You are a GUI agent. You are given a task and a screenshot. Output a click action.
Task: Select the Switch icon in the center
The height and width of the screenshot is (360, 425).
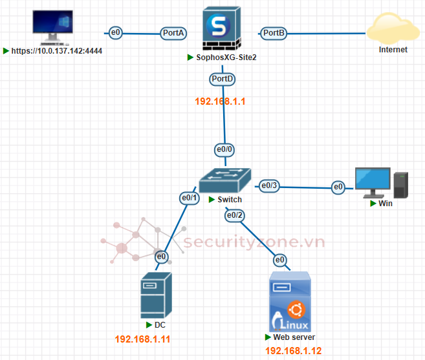[x=224, y=179]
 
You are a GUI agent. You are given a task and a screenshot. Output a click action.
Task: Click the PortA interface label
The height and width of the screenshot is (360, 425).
[x=174, y=32]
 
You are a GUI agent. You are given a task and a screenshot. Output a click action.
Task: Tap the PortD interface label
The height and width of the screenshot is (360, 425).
[x=223, y=79]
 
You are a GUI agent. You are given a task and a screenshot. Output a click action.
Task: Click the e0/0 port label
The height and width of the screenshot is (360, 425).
[x=224, y=149]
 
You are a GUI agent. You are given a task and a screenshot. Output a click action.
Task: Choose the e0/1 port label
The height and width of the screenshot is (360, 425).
[x=189, y=198]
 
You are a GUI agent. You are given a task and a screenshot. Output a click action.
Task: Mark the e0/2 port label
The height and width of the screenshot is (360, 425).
[x=235, y=215]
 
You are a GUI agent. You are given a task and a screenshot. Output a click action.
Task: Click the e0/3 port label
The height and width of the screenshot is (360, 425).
[x=269, y=186]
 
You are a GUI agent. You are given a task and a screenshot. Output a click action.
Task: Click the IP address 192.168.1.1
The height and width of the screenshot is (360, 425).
[x=221, y=101]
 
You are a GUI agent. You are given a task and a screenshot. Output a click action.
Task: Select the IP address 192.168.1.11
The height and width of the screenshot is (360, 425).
[x=142, y=339]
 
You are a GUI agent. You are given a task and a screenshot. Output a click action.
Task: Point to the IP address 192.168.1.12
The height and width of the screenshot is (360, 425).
[x=293, y=351]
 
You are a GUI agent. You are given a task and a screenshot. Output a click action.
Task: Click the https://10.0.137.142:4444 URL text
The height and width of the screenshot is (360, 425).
[x=57, y=50]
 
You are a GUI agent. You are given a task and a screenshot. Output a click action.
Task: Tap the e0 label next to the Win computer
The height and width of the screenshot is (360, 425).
[x=338, y=187]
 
